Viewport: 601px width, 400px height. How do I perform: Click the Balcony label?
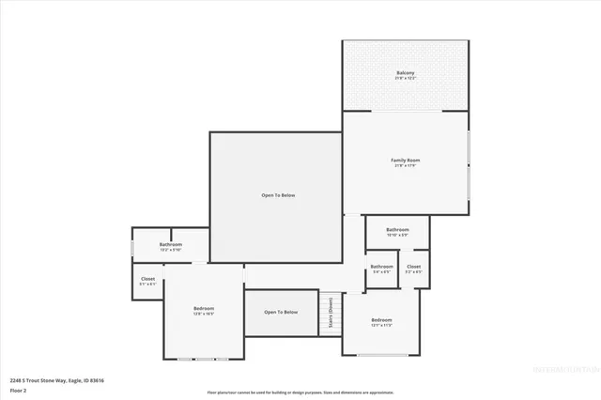pos(405,72)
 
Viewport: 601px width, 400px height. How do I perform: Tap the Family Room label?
pos(405,161)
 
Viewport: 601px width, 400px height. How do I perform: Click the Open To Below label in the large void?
pos(278,195)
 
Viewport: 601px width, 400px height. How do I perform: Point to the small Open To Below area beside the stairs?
pos(281,312)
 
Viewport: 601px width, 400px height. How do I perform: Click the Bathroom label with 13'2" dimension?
pos(171,245)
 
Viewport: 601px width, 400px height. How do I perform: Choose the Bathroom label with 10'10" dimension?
pos(397,229)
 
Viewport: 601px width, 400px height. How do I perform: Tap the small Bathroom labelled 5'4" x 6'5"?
pos(381,267)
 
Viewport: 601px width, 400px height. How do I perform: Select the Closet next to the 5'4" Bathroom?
pos(413,267)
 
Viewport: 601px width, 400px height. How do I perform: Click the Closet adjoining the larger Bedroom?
pos(148,279)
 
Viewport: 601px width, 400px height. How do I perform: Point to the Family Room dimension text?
pos(405,166)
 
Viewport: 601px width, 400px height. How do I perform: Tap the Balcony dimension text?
pos(405,78)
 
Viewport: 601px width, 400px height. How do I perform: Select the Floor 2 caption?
pos(18,390)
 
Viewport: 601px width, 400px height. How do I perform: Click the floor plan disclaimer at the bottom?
pos(300,392)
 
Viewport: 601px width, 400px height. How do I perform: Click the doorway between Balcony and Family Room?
pos(405,111)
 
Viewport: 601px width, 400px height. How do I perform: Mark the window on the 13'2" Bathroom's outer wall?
pos(132,248)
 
